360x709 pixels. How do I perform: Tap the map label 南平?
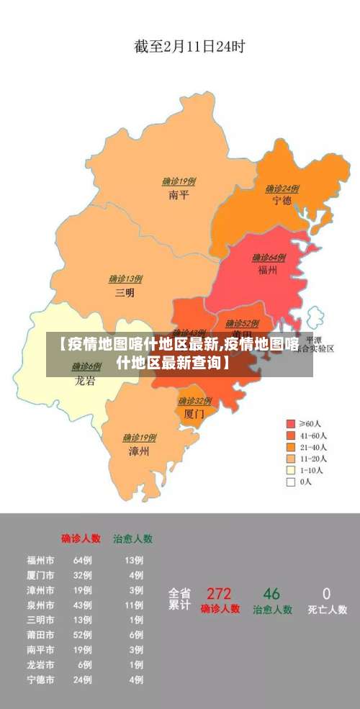tap(179, 194)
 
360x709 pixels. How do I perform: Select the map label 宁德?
tap(282, 200)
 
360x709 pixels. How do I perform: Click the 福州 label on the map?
tap(268, 270)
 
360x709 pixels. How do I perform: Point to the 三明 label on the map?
tap(125, 292)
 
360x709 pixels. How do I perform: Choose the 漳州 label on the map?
tap(139, 451)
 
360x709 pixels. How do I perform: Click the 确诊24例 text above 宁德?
tap(282, 189)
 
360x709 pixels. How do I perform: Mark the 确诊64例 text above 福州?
tap(269, 258)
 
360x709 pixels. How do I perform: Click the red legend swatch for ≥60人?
tap(291, 423)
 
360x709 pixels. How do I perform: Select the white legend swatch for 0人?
tap(291, 482)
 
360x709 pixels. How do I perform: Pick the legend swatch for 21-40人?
tap(291, 447)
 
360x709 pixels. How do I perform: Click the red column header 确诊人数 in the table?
tap(81, 538)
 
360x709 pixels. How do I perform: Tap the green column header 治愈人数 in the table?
tap(132, 538)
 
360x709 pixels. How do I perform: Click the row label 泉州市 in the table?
tap(40, 605)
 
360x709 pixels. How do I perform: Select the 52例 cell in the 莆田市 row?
tap(82, 635)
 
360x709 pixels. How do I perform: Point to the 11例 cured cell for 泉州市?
tap(134, 605)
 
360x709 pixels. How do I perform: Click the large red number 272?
tap(219, 595)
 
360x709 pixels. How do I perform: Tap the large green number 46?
tap(271, 595)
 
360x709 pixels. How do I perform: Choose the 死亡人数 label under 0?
tap(327, 610)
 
